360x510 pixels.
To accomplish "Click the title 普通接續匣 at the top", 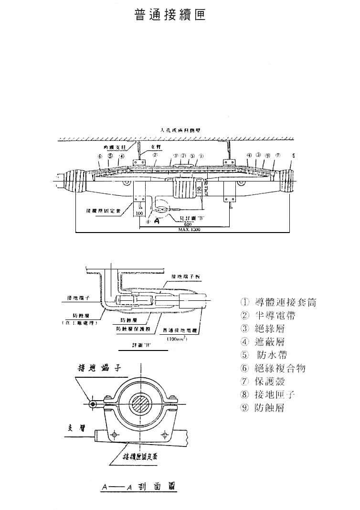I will [x=170, y=15].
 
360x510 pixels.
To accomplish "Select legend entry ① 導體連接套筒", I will [x=278, y=302].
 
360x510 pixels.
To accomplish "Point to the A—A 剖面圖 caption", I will [x=138, y=487].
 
